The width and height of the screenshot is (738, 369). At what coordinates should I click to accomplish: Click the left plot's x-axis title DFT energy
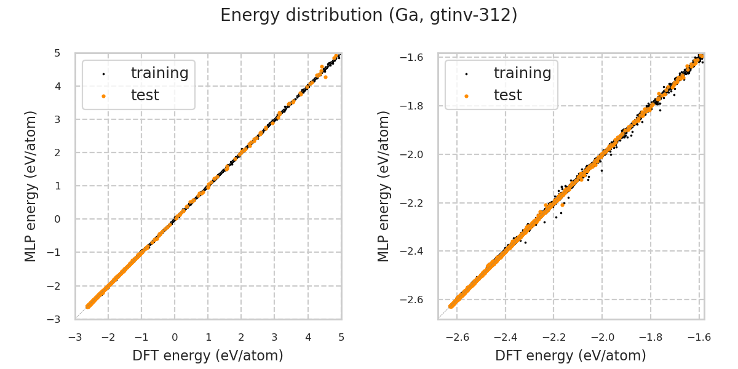tap(208, 355)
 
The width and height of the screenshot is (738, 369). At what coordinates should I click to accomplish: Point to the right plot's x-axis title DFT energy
tap(571, 355)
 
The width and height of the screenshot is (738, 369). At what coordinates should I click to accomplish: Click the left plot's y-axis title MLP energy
tap(31, 186)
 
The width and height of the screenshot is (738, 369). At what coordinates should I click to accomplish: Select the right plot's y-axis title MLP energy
tap(384, 186)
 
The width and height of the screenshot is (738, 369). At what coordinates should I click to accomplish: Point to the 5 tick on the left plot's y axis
tap(57, 53)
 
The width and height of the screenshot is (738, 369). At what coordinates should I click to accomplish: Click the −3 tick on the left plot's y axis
tap(55, 319)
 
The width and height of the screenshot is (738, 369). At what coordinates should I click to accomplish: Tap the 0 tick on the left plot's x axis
tap(175, 337)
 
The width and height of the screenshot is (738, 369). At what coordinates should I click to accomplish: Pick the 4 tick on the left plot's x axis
tap(308, 337)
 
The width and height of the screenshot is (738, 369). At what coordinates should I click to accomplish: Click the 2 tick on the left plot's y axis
tap(57, 153)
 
